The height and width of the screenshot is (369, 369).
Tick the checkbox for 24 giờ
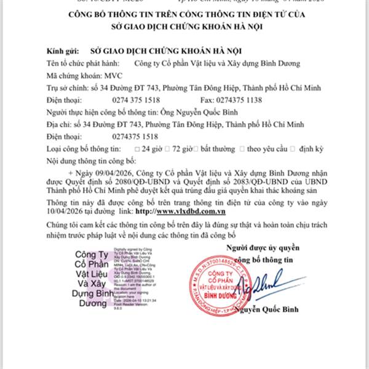tap(136, 149)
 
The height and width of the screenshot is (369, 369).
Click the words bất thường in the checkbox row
tap(217, 149)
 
